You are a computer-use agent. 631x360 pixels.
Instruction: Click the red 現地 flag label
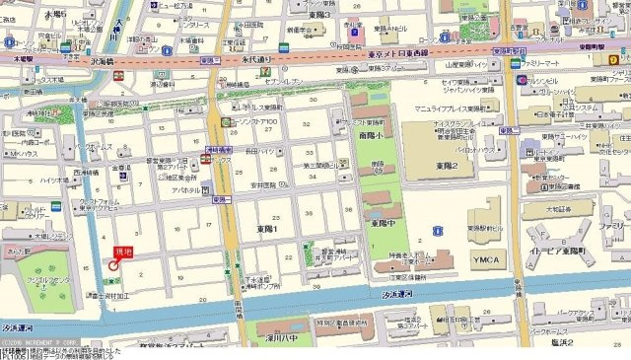coord(123,252)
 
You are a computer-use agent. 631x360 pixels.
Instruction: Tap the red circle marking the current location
coord(113,266)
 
